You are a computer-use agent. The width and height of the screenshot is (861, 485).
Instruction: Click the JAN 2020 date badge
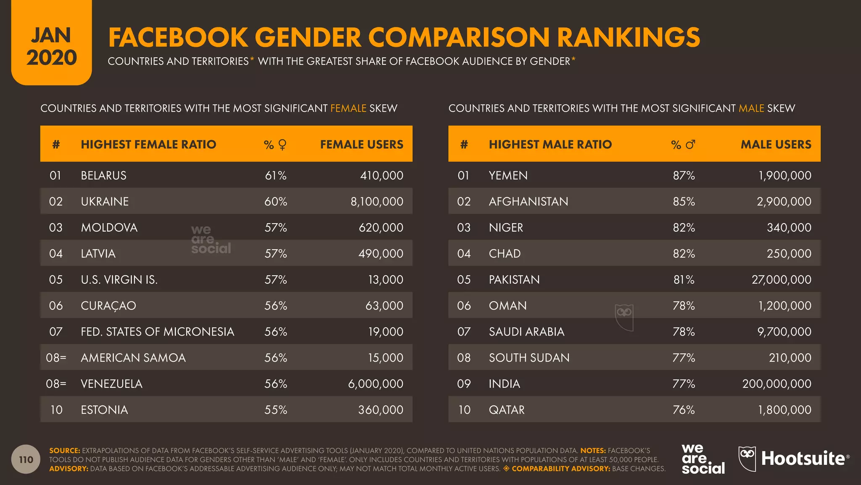coord(51,46)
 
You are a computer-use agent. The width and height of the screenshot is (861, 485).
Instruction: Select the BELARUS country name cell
coord(103,176)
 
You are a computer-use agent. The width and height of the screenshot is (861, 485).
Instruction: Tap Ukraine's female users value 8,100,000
coord(377,202)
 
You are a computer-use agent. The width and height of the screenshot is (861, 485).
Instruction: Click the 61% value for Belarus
coord(275,176)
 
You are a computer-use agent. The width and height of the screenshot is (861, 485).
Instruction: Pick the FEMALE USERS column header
coord(362,144)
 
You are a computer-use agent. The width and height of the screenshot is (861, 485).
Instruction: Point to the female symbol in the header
coord(283,145)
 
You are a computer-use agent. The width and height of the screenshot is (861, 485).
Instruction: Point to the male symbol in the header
coord(690,144)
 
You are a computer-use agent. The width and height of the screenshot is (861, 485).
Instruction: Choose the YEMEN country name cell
coord(508,176)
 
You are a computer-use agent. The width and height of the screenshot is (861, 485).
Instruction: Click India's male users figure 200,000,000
coord(776,384)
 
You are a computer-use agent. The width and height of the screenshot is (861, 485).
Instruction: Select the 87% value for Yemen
coord(684,176)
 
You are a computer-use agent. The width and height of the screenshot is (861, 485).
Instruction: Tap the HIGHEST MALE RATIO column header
coord(550,144)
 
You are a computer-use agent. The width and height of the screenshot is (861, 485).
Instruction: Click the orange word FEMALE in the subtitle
coord(348,108)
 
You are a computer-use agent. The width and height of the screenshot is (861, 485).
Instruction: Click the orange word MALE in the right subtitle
coord(751,108)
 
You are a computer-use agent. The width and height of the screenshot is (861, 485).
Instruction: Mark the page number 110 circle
coord(26,459)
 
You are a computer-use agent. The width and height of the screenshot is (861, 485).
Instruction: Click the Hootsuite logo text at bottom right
coord(803,459)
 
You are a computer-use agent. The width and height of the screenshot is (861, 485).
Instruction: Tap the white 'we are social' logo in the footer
coord(703,459)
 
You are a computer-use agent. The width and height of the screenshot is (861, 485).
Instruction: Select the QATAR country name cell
coord(507,410)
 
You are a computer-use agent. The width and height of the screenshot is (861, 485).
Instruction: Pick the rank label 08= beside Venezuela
coord(56,384)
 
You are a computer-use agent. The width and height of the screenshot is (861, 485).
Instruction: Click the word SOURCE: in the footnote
coord(64,450)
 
